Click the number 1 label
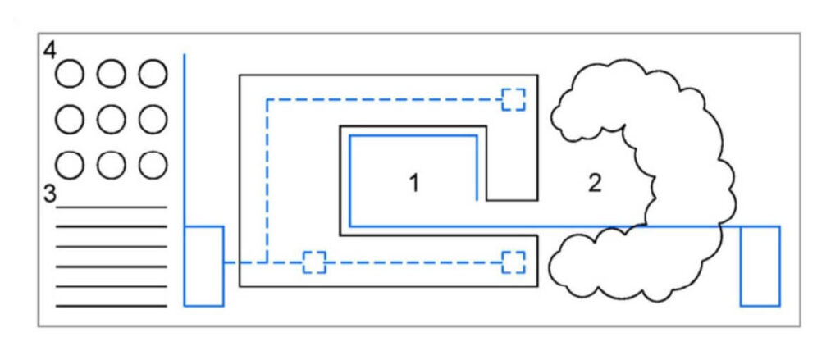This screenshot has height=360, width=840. tap(414, 183)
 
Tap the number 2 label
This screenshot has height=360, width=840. tap(595, 183)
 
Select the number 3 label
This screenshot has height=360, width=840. tap(50, 195)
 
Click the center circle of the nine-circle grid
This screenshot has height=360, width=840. tap(111, 120)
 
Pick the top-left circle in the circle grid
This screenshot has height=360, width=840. tap(70, 75)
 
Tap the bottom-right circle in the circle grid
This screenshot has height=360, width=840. tap(153, 165)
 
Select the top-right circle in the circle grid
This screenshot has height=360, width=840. tap(153, 75)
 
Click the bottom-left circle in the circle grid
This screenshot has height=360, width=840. tap(70, 165)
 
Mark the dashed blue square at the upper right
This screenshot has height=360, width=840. tap(514, 98)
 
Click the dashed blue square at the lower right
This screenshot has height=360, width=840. tap(514, 262)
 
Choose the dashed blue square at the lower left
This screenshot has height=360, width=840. tap(314, 262)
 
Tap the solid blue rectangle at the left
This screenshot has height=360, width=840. tap(203, 265)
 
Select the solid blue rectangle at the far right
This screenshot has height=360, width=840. tap(760, 265)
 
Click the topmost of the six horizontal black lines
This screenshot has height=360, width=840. tap(111, 207)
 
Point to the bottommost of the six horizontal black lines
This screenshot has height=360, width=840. tap(111, 306)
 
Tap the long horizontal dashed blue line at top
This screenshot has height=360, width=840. tap(386, 99)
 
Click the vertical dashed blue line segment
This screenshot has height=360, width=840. tap(267, 180)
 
